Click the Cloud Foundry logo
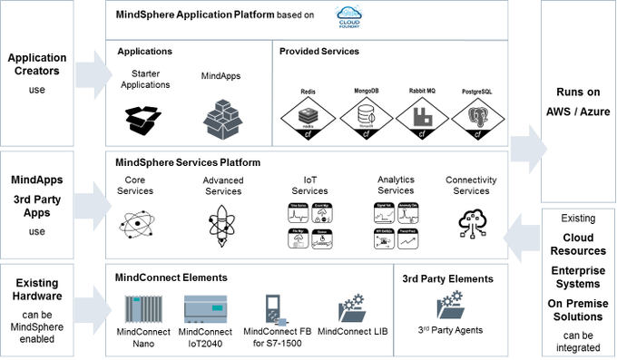coord(349,15)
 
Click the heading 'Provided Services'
coord(318,52)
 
